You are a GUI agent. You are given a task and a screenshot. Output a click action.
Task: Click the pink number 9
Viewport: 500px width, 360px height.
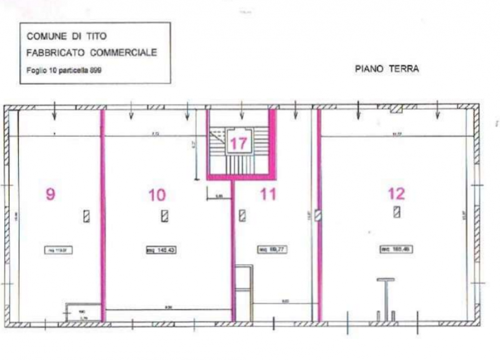click(x=50, y=194)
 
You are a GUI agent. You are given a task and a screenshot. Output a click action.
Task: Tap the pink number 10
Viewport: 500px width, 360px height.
click(x=157, y=194)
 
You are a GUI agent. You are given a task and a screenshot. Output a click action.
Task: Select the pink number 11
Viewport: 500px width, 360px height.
click(x=268, y=194)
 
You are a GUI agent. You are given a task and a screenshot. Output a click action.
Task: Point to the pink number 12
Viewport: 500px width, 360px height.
click(x=396, y=193)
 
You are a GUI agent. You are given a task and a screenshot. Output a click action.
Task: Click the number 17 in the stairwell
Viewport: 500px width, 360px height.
click(x=237, y=143)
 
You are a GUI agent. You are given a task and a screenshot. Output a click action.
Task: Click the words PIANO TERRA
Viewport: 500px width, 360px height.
click(x=386, y=69)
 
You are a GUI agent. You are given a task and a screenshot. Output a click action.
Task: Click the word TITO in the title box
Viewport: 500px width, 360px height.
click(x=87, y=37)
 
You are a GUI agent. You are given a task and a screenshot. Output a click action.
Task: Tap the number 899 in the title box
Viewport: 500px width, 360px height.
click(x=94, y=70)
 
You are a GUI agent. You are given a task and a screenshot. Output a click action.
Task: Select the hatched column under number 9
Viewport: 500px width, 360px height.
click(x=86, y=216)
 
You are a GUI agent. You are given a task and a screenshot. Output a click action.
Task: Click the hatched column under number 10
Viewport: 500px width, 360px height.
click(x=165, y=216)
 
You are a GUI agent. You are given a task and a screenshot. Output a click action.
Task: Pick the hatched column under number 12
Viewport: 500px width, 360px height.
click(x=396, y=212)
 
